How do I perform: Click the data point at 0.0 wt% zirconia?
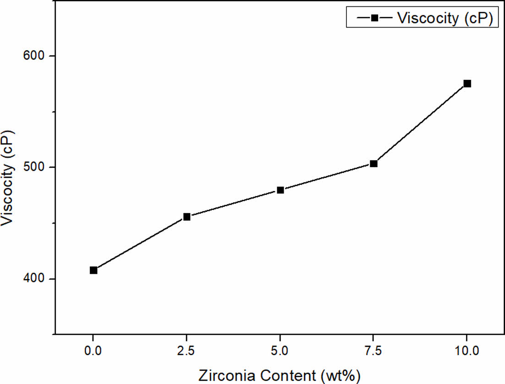93,270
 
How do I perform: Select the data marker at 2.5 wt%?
187,217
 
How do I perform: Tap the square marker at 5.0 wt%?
280,190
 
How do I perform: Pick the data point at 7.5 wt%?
374,164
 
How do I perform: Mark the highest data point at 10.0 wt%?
467,83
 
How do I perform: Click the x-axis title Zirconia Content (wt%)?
280,376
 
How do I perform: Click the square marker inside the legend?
374,18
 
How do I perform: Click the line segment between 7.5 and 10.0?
421,124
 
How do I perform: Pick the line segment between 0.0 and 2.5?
140,243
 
